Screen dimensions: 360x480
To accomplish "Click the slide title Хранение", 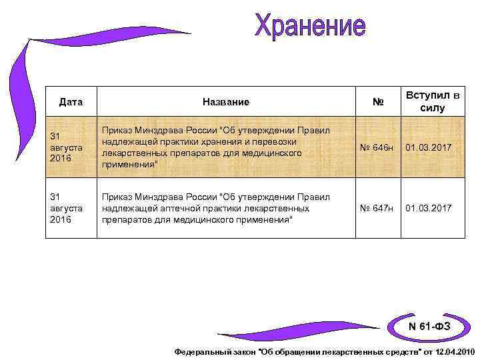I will pos(310,27).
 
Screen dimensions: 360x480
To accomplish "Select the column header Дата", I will pos(71,102).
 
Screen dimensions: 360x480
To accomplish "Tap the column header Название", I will pos(226,102).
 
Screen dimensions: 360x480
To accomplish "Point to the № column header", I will pos(378,102).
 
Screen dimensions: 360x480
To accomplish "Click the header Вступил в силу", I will pos(433,101).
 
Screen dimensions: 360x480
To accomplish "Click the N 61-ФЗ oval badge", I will pos(429,326).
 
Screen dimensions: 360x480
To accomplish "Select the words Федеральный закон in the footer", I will pos(214,351).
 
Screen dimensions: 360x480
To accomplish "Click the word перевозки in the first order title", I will pos(273,142).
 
